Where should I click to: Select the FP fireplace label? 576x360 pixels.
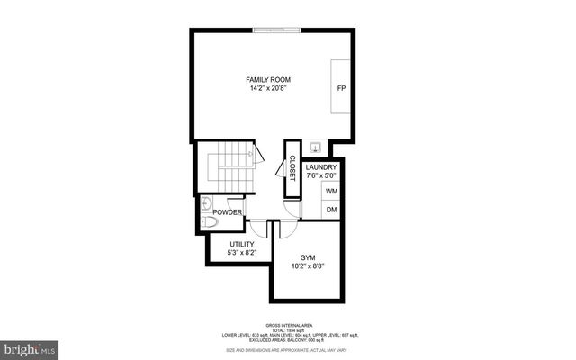pyautogui.click(x=341, y=89)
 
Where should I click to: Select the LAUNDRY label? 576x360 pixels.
pyautogui.click(x=321, y=167)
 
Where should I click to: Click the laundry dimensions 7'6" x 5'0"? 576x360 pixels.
pyautogui.click(x=321, y=176)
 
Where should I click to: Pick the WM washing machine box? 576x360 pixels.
pyautogui.click(x=331, y=192)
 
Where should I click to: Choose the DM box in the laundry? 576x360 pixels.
pyautogui.click(x=331, y=211)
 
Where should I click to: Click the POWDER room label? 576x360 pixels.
pyautogui.click(x=227, y=212)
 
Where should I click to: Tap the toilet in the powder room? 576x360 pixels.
pyautogui.click(x=208, y=221)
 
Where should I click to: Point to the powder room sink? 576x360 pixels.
pyautogui.click(x=206, y=203)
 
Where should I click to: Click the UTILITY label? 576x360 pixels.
pyautogui.click(x=241, y=244)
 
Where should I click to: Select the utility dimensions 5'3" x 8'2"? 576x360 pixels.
pyautogui.click(x=241, y=253)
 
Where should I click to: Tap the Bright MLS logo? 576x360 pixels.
pyautogui.click(x=30, y=347)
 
